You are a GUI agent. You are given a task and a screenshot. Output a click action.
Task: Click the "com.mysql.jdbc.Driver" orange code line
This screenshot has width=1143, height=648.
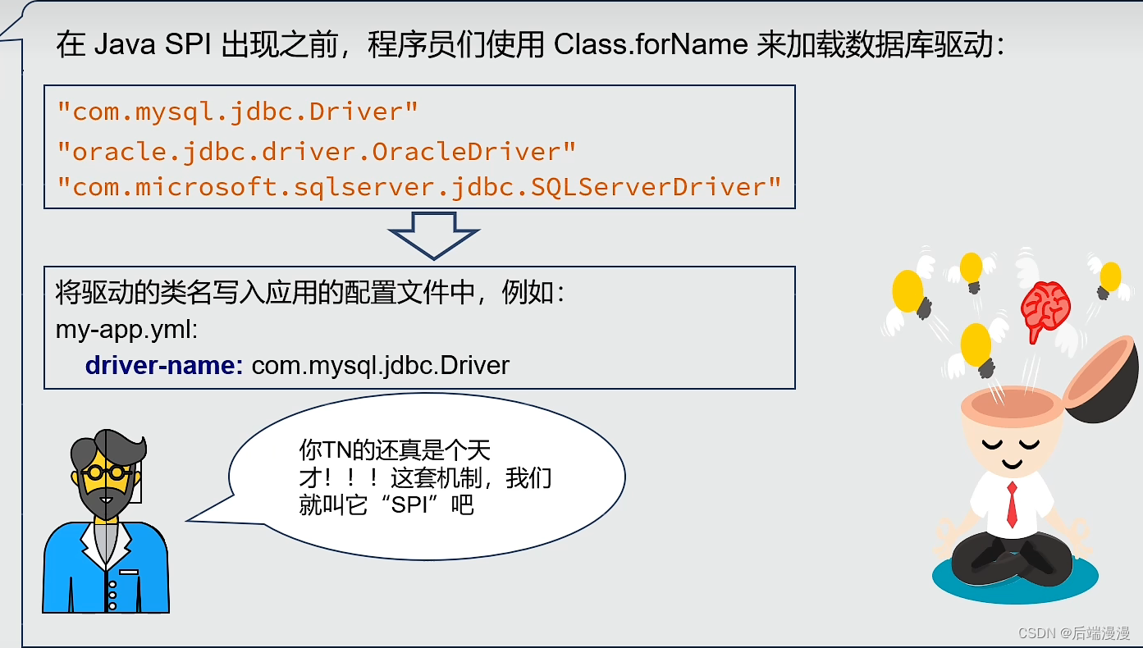237,112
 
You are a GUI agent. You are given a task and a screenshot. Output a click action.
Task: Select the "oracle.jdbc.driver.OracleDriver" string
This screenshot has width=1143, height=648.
316,152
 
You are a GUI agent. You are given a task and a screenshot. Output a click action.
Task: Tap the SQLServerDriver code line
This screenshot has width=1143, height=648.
418,187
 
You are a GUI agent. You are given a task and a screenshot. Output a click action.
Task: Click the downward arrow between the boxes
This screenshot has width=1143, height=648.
433,235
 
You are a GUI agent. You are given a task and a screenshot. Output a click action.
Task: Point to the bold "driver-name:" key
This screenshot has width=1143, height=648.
164,365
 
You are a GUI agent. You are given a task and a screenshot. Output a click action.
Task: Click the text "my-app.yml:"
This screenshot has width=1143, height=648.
126,330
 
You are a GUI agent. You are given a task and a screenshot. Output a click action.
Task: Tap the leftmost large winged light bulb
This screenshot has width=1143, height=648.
908,292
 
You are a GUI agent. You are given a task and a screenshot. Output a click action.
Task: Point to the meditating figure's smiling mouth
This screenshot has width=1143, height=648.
1012,463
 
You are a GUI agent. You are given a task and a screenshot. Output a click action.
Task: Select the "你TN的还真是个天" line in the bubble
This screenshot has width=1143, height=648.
395,449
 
